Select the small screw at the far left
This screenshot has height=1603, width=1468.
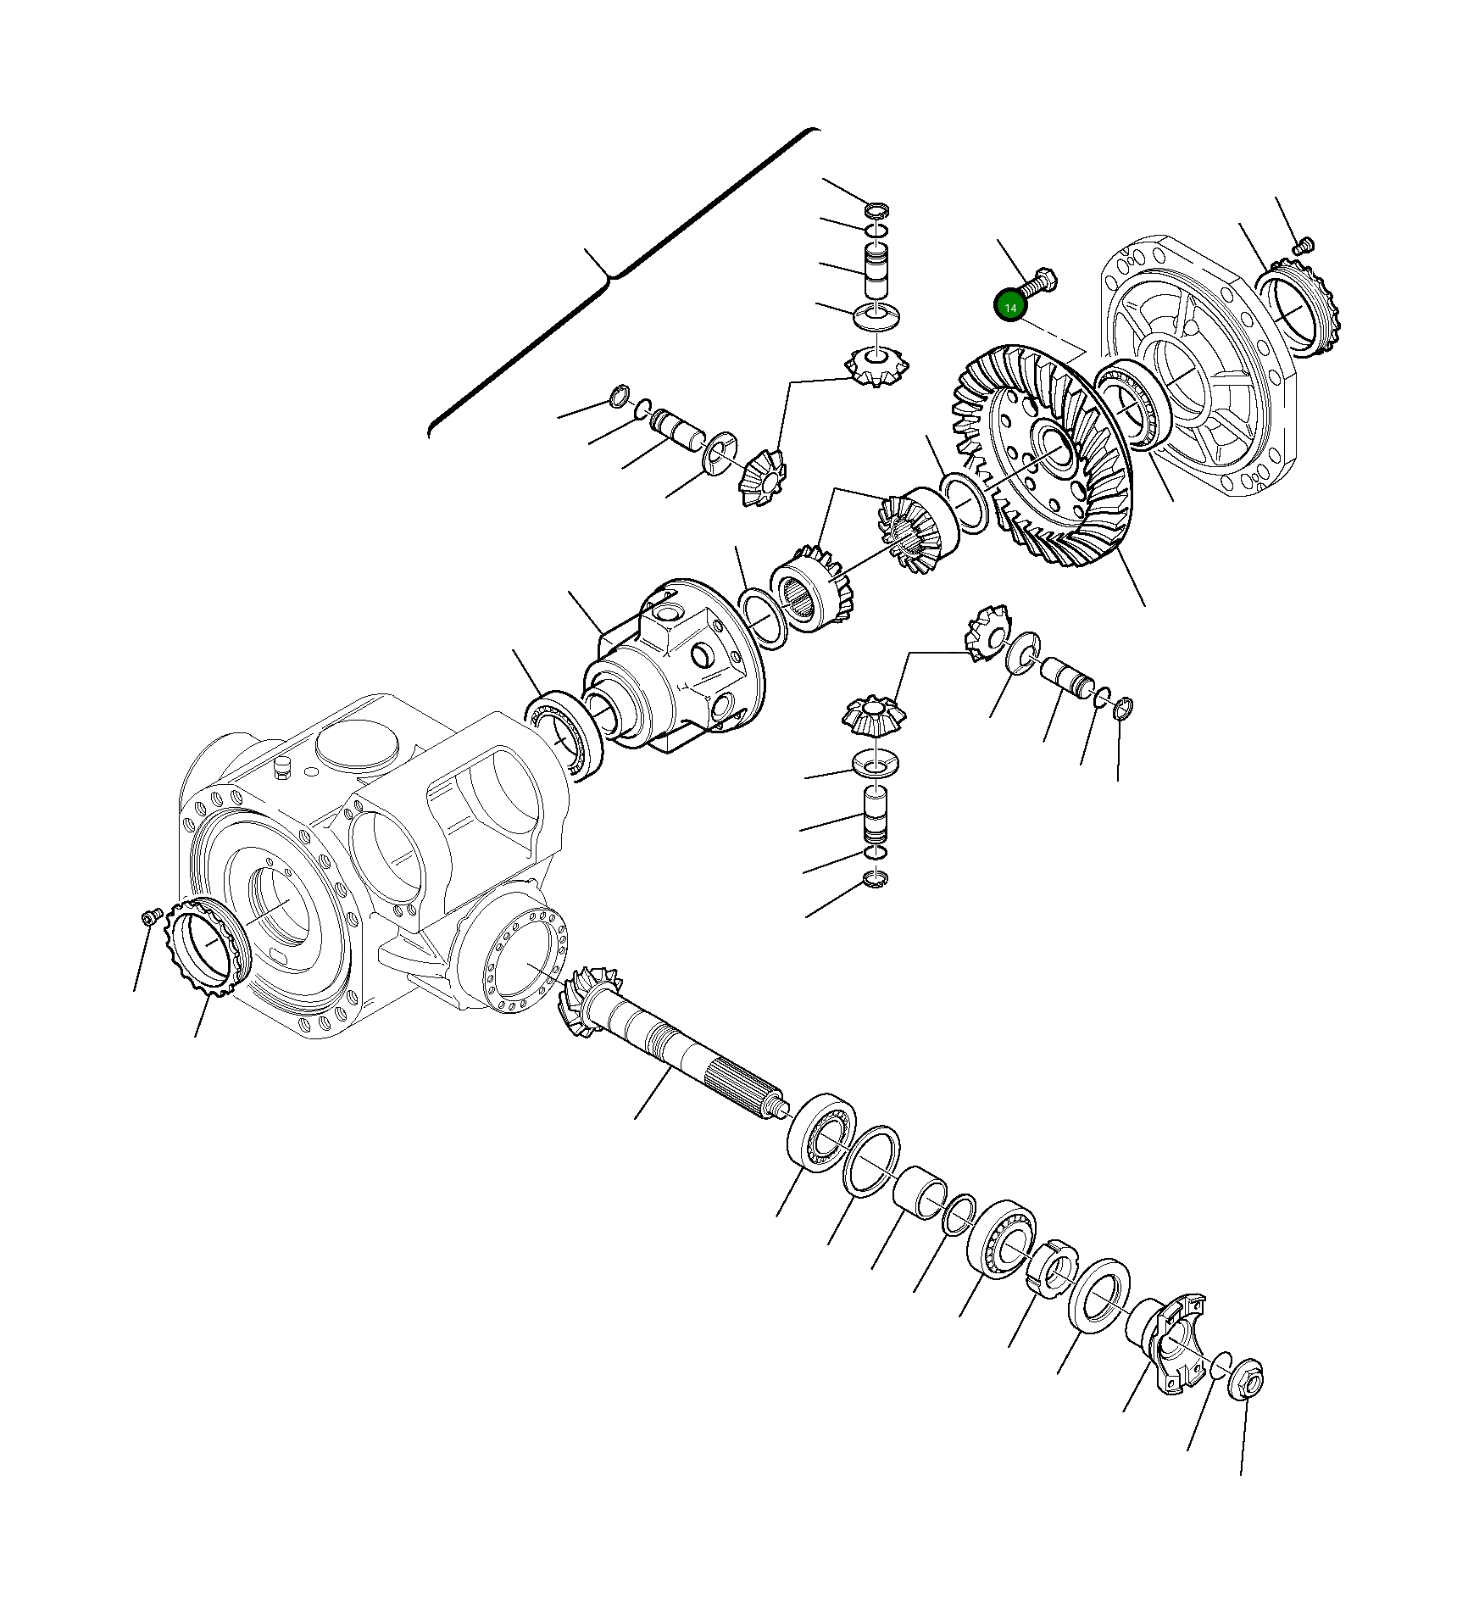[x=150, y=917]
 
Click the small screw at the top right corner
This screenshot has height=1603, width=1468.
[x=1304, y=246]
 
